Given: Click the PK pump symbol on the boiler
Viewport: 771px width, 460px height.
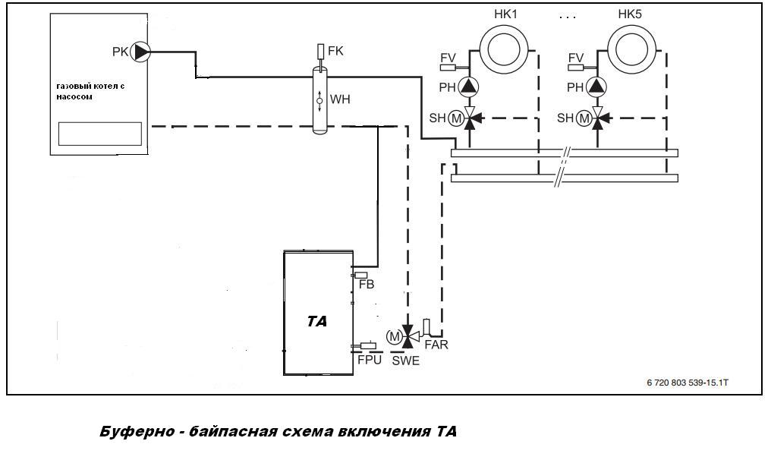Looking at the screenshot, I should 141,52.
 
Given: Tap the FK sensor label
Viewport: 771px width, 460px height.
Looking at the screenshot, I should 336,52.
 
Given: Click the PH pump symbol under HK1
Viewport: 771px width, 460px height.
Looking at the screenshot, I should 470,87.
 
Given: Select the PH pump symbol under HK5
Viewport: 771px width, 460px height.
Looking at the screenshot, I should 599,87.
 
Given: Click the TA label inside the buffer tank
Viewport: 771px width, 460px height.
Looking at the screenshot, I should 317,321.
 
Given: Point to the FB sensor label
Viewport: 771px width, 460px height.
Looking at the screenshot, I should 367,285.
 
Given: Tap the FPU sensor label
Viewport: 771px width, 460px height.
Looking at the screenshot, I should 370,360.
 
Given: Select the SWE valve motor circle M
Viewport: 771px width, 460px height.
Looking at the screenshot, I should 394,336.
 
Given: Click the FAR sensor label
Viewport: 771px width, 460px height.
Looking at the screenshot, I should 436,345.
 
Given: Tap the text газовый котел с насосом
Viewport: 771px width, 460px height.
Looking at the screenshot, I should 90,92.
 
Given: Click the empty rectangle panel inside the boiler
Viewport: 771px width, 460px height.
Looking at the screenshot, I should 101,134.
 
